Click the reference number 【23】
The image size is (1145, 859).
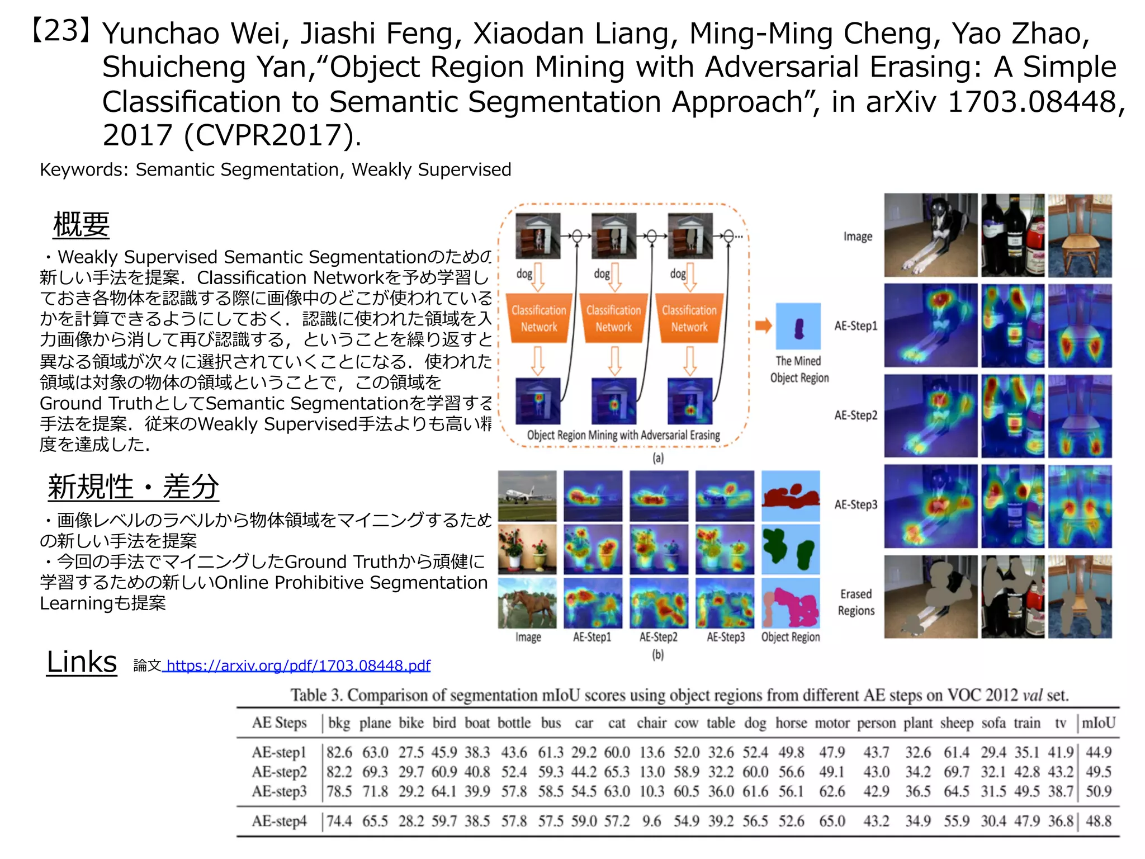click(x=61, y=31)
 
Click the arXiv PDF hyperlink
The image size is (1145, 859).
click(x=298, y=666)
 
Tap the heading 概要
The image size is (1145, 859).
click(x=81, y=225)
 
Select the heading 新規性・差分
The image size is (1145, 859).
click(x=133, y=487)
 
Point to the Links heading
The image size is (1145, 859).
click(x=82, y=662)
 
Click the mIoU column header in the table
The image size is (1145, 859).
click(x=1098, y=723)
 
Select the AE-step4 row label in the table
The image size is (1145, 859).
click(x=279, y=821)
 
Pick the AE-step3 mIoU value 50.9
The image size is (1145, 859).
click(x=1098, y=791)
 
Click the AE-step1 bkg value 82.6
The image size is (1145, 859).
click(x=339, y=753)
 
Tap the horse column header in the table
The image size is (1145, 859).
click(x=791, y=723)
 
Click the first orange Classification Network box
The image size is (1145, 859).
click(x=539, y=318)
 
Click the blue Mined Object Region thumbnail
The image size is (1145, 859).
click(x=798, y=327)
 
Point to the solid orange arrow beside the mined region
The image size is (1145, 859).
click(x=763, y=325)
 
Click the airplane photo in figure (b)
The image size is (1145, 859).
click(x=527, y=495)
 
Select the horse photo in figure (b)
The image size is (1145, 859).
click(x=527, y=603)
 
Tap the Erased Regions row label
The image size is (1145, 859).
click(x=856, y=602)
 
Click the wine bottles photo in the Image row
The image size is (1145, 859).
click(x=1012, y=235)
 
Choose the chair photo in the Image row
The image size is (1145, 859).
click(x=1080, y=235)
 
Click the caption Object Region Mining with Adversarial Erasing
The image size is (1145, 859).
click(x=623, y=435)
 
